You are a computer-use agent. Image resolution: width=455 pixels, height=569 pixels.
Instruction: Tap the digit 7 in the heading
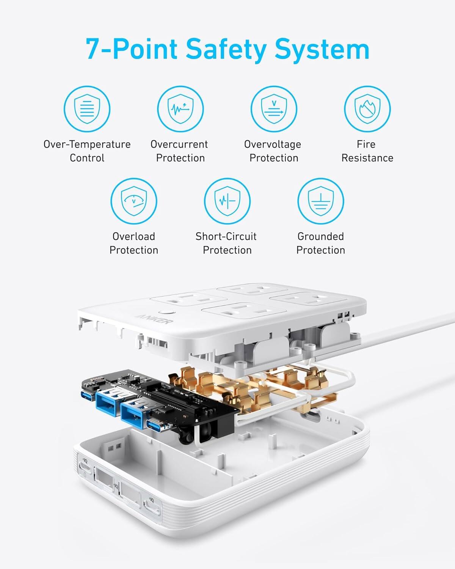[x=94, y=49]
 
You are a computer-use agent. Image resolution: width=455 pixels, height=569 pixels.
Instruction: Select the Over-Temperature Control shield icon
[x=87, y=109]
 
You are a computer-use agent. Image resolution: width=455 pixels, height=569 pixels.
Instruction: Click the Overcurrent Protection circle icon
[x=180, y=109]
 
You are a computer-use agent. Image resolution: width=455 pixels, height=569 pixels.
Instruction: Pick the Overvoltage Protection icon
[x=274, y=109]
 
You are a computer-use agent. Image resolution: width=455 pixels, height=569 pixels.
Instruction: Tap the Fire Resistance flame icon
[x=367, y=109]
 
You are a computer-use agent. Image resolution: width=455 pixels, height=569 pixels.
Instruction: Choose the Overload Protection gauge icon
[x=133, y=201]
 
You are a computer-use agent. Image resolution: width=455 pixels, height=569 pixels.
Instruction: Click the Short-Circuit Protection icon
[x=227, y=201]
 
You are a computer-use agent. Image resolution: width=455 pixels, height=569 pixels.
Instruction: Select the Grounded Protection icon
[x=320, y=201]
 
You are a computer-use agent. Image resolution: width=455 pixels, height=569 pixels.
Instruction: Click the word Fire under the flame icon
[x=366, y=144]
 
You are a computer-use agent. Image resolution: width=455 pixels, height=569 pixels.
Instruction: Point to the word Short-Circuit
[x=226, y=236]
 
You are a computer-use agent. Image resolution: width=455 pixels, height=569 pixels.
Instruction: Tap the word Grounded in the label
[x=320, y=236]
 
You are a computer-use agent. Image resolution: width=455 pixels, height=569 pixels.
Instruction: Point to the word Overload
[x=133, y=236]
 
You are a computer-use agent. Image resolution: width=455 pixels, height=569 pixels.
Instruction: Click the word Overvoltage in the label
[x=272, y=144]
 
